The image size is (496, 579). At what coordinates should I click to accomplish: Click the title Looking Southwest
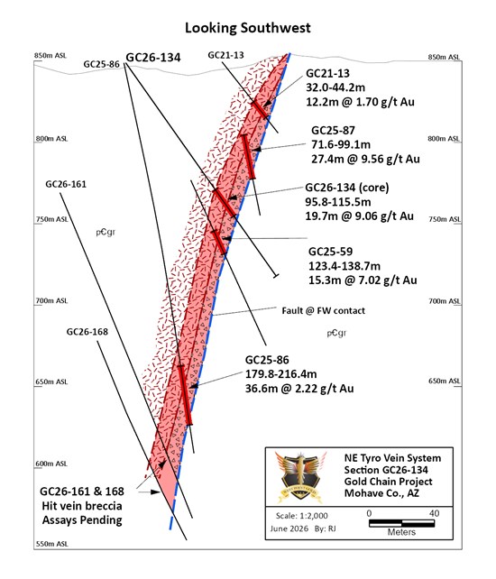coord(247,28)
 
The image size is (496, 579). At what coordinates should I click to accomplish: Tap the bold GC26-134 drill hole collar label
coord(153,57)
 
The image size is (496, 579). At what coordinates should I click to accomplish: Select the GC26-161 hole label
coord(66,184)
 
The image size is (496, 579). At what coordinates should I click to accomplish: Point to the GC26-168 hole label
coord(87,332)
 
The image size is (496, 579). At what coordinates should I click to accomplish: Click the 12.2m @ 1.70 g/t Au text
coord(360,102)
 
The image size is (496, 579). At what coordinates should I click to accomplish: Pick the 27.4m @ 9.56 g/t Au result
coord(365,159)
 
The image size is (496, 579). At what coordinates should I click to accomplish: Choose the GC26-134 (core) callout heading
coord(347,188)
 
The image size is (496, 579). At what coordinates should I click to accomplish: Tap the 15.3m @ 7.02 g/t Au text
coord(363,280)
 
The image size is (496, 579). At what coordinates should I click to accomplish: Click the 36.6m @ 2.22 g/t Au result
coord(299,389)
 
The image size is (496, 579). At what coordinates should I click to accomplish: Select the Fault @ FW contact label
coord(323,310)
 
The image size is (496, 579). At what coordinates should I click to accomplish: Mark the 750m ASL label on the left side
coord(52,219)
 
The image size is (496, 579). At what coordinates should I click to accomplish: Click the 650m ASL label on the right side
coord(445,381)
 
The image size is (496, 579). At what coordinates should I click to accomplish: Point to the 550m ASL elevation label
coord(52,544)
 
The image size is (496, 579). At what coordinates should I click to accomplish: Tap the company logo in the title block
coord(301,477)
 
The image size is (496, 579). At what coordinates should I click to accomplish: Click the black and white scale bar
coord(401,523)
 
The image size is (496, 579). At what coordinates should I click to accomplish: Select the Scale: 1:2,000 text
coord(302,516)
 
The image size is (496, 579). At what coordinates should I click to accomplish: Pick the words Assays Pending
coord(82,520)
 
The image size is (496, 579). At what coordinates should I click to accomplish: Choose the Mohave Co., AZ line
coord(381,493)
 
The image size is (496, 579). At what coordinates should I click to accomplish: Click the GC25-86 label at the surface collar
coord(102,64)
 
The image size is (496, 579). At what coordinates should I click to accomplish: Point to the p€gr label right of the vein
coord(336,333)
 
